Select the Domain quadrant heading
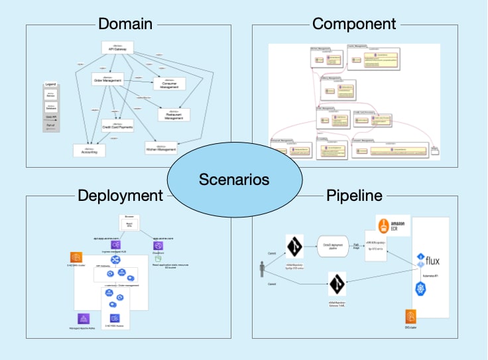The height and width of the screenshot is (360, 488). pos(125,25)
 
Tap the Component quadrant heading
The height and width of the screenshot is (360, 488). pos(354,25)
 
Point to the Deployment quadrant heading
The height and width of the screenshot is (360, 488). pos(120,196)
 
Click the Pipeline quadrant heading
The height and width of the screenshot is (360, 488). pos(355,196)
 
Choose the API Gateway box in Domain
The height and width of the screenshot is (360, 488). pos(119,48)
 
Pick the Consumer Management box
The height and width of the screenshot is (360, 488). pos(169,84)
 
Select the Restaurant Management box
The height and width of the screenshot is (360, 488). pos(173,115)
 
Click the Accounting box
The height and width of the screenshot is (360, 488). pos(89,150)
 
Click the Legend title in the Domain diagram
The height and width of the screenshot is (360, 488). pos(50,85)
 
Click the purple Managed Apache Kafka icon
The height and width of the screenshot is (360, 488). pos(84,319)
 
